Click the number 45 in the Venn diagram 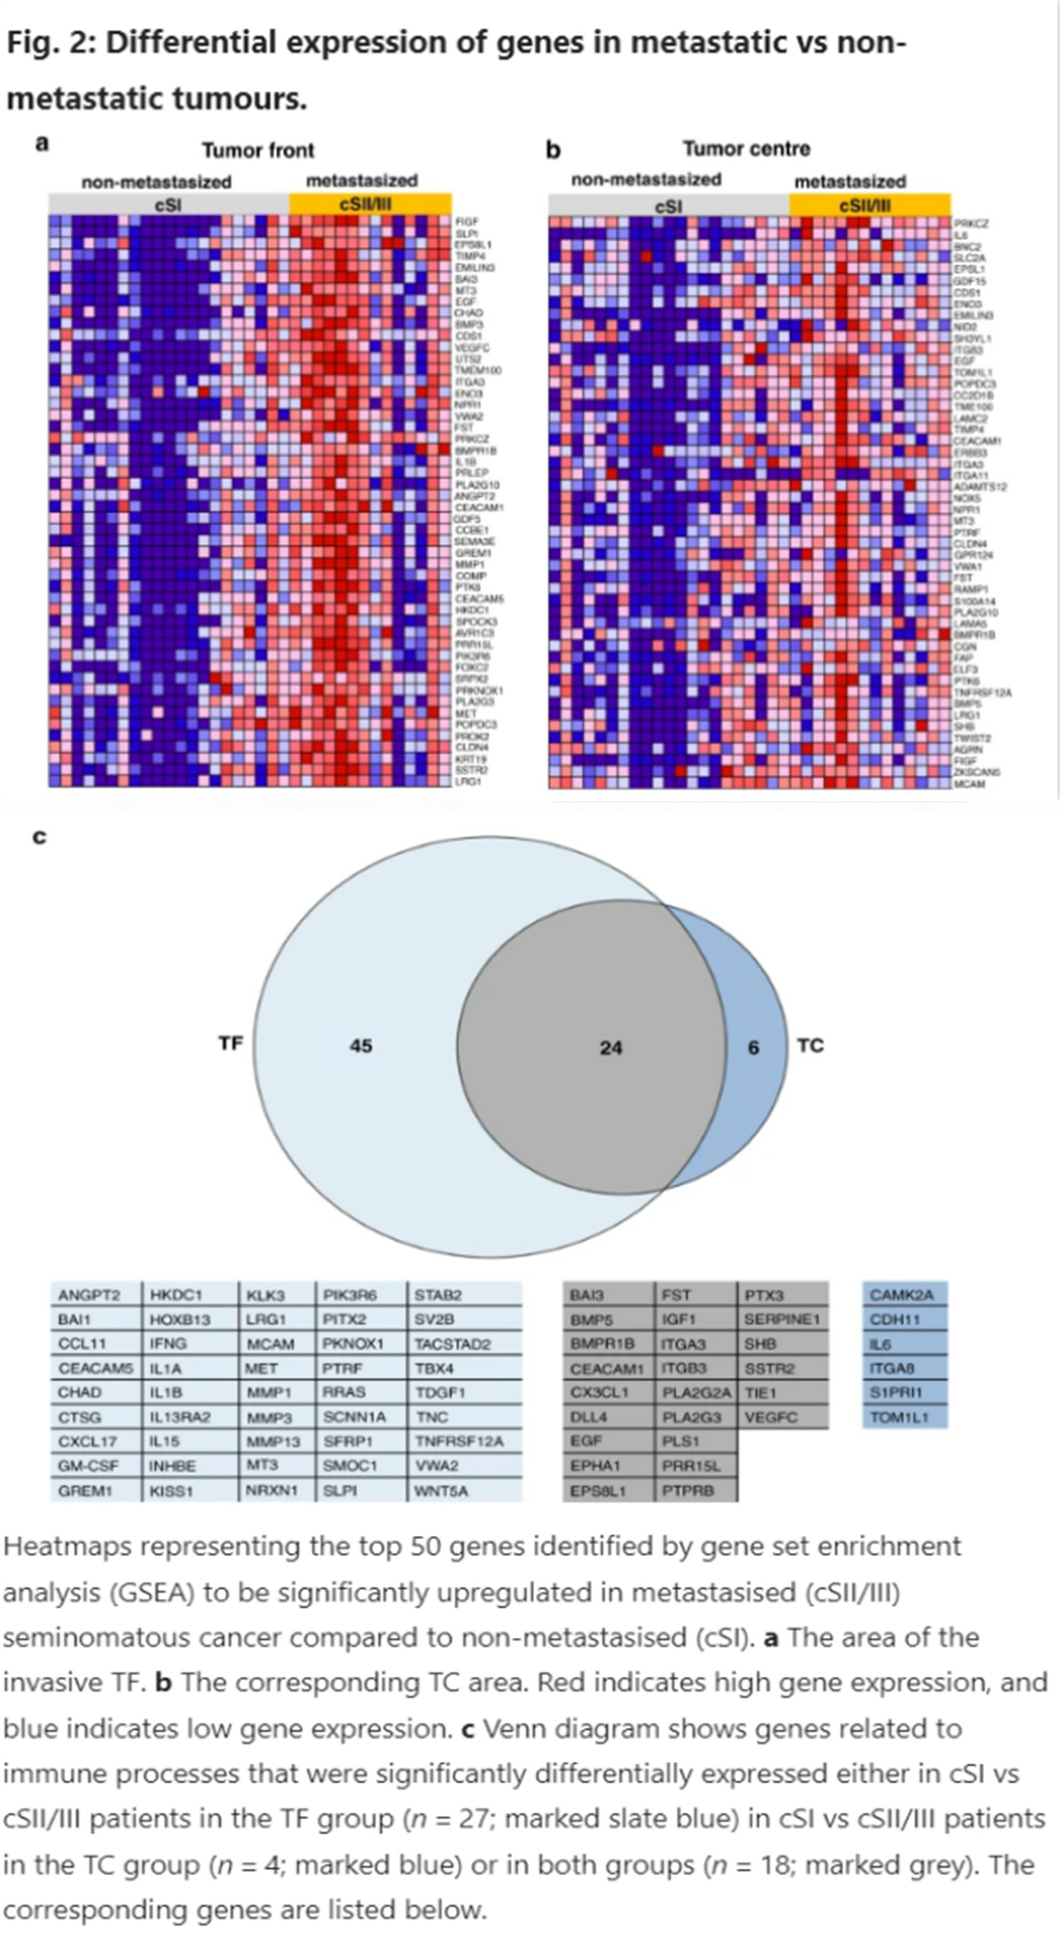[361, 1046]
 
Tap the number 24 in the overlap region [610, 1048]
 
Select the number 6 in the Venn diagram [754, 1048]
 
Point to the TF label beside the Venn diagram [230, 1043]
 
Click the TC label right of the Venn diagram [810, 1046]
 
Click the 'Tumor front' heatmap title [258, 150]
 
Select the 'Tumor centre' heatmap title [746, 149]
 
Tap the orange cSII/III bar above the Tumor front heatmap [370, 205]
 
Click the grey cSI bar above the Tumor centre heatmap [669, 206]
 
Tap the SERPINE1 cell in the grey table [782, 1319]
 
